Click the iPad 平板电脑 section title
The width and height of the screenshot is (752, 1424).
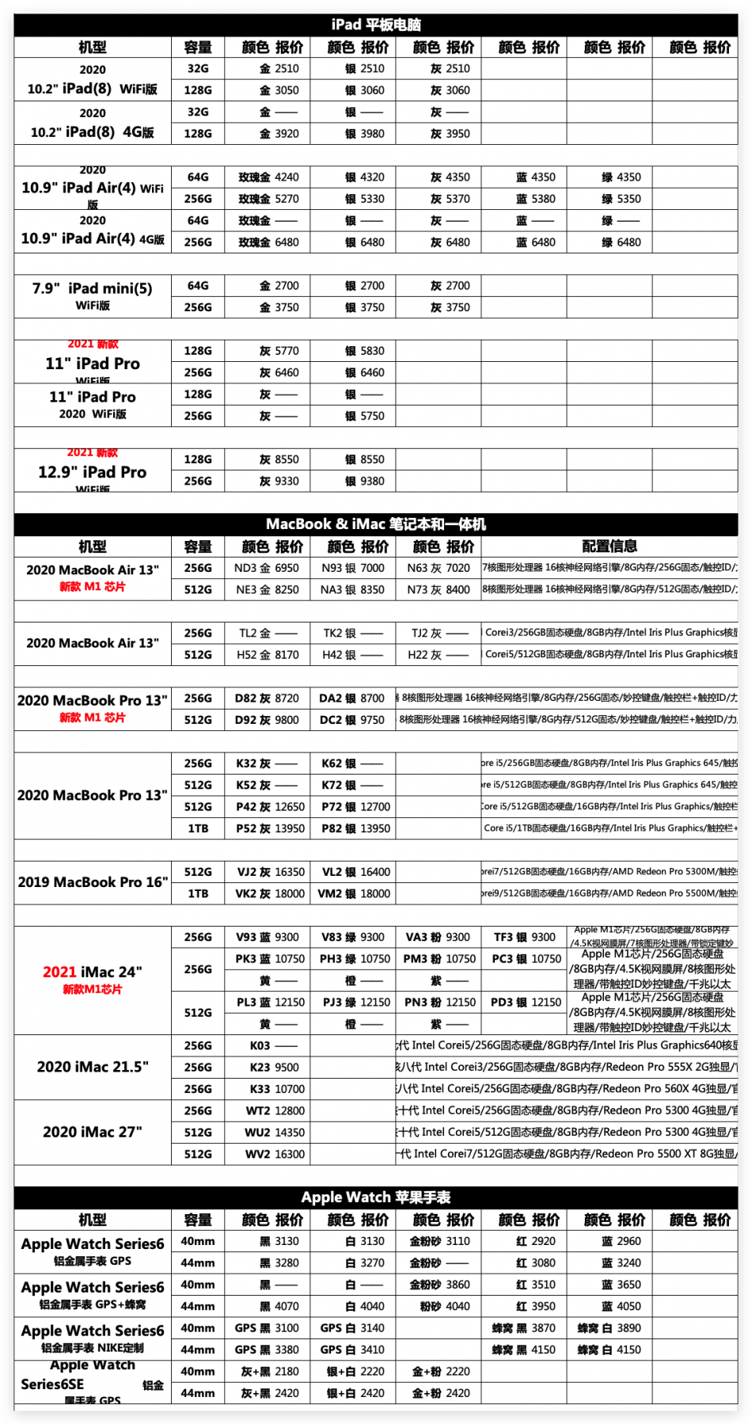376,25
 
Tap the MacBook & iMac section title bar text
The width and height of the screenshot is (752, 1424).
376,524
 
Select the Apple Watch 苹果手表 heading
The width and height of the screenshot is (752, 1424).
376,1197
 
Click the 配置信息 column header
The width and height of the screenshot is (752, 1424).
610,546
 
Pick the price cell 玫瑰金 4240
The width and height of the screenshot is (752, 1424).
268,177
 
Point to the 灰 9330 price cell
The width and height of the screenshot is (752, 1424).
268,481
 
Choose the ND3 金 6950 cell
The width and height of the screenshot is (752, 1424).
267,568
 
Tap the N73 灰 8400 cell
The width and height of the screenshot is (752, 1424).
439,590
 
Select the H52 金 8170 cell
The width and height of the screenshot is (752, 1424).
268,655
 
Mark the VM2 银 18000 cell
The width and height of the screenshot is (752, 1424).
354,893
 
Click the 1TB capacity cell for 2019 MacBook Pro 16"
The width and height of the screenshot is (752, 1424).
198,893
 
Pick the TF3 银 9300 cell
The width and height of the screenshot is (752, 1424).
524,937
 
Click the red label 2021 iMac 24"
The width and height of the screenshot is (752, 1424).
93,972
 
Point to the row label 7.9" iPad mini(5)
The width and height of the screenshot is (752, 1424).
93,289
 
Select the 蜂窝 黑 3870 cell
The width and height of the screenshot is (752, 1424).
524,1328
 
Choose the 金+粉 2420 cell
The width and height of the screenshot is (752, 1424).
440,1393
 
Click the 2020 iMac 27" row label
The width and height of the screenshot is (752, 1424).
93,1133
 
